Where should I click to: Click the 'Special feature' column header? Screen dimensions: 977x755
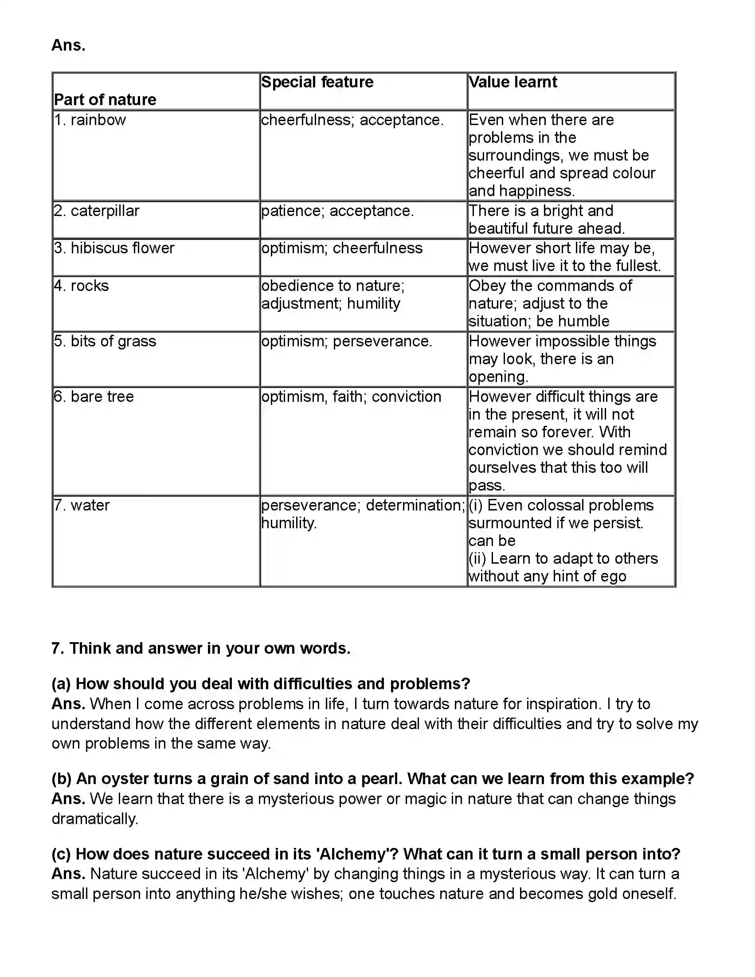pyautogui.click(x=317, y=82)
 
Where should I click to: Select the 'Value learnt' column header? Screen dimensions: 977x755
pyautogui.click(x=512, y=82)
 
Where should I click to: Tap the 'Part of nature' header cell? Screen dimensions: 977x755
pyautogui.click(x=105, y=99)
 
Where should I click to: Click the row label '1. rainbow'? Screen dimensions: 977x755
pyautogui.click(x=90, y=120)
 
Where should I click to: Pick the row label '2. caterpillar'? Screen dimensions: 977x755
pyautogui.click(x=97, y=211)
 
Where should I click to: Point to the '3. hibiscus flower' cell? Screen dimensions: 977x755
pyautogui.click(x=114, y=248)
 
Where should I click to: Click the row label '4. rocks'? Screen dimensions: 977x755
pyautogui.click(x=82, y=286)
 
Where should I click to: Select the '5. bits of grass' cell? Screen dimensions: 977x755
pyautogui.click(x=105, y=341)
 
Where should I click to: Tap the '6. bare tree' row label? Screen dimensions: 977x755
pyautogui.click(x=94, y=396)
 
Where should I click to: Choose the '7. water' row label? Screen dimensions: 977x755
pyautogui.click(x=82, y=505)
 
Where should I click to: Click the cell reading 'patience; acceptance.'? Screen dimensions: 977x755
pyautogui.click(x=338, y=211)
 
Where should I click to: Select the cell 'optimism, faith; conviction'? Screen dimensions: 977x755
pyautogui.click(x=351, y=396)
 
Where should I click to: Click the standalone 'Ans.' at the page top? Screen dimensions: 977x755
pyautogui.click(x=68, y=45)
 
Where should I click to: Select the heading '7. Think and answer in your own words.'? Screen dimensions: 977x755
pyautogui.click(x=201, y=648)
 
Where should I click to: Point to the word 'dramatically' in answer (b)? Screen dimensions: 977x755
pyautogui.click(x=94, y=819)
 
